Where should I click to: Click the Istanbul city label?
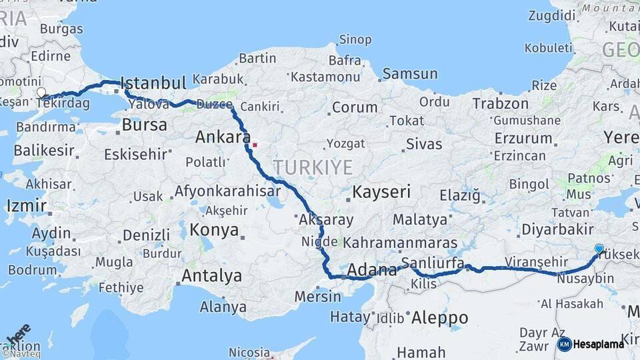point(154,84)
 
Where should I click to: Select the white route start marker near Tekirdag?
point(41,93)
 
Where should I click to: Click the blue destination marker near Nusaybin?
point(599,249)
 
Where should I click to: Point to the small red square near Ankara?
point(254,143)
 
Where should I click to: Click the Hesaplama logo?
point(591,344)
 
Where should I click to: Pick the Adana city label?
point(373,270)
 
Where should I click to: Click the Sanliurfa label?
point(433,263)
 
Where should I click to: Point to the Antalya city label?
point(211,275)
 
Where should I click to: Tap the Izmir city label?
point(26,205)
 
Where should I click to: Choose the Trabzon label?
point(500,103)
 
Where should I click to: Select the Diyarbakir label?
point(557,229)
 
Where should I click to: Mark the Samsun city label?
point(410,74)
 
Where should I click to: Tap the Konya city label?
point(214,230)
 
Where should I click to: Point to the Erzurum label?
point(523,138)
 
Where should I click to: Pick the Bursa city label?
point(144,125)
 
